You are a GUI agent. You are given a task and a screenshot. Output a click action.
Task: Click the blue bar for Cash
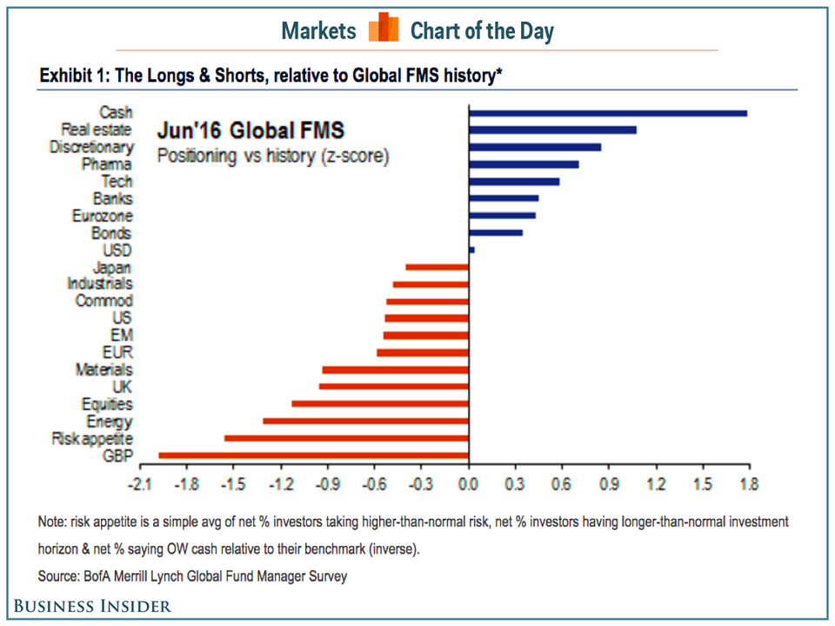[x=607, y=113]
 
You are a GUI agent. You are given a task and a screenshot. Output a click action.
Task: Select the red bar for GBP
[x=313, y=455]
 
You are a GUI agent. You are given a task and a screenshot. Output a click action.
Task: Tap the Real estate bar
[x=552, y=130]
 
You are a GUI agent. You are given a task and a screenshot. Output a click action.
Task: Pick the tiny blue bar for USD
[x=471, y=250]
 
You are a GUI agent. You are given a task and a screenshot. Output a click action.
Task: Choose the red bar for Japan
[x=437, y=267]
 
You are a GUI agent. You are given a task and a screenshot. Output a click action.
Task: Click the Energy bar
[x=365, y=421]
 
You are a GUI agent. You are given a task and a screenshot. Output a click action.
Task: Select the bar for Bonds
[x=495, y=233]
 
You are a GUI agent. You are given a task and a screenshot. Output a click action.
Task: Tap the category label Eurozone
[x=102, y=216]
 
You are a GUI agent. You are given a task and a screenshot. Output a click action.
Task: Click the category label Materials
[x=104, y=370]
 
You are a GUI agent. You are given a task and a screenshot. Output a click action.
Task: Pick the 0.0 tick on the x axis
[x=468, y=483]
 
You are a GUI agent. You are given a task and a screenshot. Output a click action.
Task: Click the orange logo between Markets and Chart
[x=384, y=29]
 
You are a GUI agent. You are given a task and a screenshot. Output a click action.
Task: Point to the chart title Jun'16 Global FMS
[x=250, y=131]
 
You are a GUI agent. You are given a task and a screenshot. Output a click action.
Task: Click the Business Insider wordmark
[x=91, y=606]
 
